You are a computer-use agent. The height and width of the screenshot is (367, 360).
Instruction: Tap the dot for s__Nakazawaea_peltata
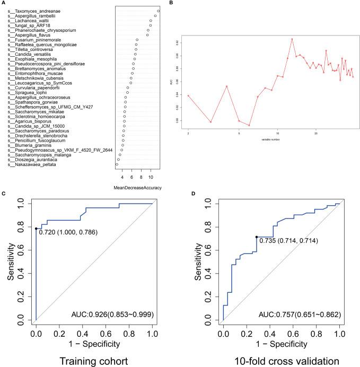tap(117, 164)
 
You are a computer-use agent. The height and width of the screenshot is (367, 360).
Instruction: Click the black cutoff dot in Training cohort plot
tap(36, 229)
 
